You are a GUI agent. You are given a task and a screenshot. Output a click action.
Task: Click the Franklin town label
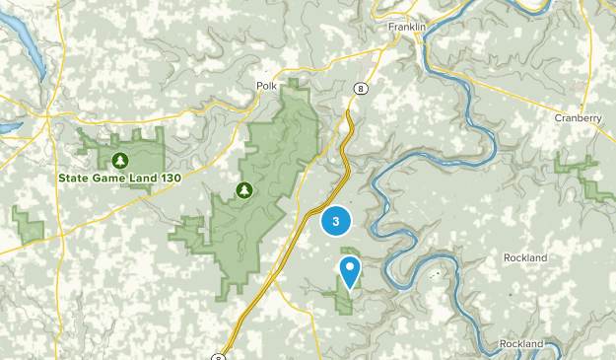(406, 27)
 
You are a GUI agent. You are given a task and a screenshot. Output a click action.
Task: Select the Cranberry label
(577, 117)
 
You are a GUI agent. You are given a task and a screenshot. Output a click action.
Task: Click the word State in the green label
(72, 178)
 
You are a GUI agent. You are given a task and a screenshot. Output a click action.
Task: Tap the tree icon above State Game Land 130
(120, 160)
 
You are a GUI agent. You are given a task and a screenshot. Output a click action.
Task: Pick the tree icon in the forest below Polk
(243, 188)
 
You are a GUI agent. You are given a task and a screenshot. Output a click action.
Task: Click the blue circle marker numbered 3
(336, 222)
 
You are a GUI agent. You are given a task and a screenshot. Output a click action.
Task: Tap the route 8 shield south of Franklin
(363, 89)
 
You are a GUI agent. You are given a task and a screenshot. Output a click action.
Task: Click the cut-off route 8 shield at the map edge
(219, 355)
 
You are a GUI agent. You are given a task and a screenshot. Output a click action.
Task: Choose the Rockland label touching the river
(521, 342)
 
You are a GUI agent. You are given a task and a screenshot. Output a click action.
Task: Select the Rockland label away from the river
(524, 257)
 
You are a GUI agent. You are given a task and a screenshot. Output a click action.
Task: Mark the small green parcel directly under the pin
(344, 298)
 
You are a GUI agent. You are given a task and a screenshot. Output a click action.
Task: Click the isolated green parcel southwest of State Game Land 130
(27, 226)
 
